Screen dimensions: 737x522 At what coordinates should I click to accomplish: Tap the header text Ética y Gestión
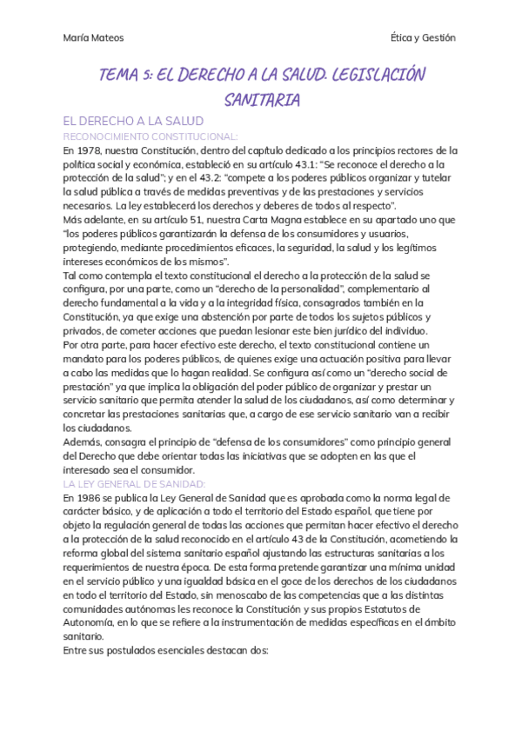(424, 37)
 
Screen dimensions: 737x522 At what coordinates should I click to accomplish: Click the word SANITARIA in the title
(262, 100)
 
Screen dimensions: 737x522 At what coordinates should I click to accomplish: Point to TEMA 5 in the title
(127, 75)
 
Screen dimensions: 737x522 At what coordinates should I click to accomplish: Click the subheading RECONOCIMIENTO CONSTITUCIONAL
(150, 136)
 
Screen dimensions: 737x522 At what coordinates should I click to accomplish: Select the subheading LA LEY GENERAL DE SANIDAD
(134, 482)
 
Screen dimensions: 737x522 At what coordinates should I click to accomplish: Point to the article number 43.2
(213, 177)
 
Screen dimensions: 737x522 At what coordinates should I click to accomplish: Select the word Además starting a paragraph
(83, 442)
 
